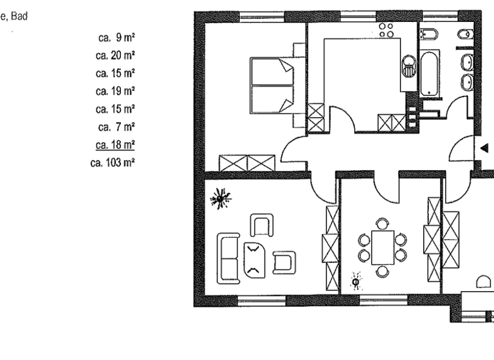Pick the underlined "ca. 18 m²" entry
(114, 145)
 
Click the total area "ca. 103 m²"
(113, 163)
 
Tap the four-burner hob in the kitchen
(387, 30)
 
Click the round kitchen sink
(408, 62)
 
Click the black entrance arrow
(484, 148)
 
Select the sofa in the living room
(228, 258)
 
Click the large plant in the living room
(221, 199)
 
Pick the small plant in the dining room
(355, 281)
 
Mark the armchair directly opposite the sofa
(284, 261)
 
